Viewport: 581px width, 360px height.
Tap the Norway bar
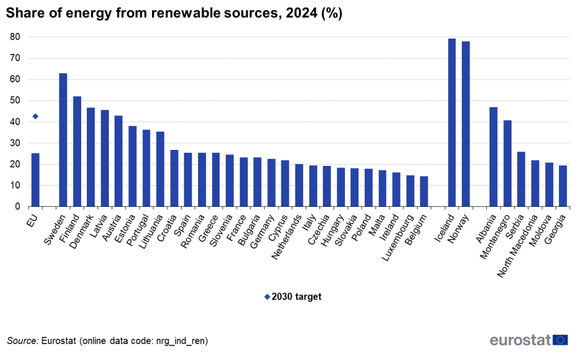point(466,124)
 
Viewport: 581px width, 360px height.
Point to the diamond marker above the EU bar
point(35,116)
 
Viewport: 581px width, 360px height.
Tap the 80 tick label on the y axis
point(15,37)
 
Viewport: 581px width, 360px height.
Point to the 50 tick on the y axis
point(15,101)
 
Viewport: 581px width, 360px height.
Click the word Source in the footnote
point(22,341)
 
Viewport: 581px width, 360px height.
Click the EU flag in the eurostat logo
point(561,340)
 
